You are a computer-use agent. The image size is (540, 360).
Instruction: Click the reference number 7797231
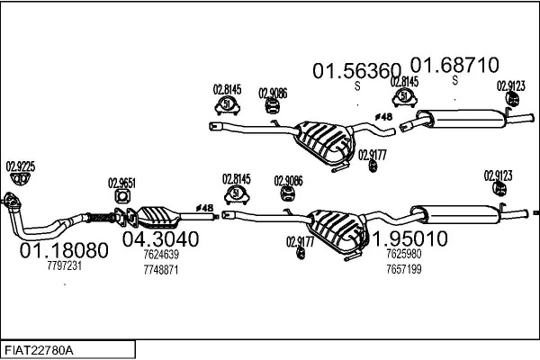[x=64, y=265]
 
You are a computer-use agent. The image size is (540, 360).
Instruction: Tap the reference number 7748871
[x=161, y=269]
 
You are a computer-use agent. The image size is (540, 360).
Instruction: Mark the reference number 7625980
[x=403, y=255]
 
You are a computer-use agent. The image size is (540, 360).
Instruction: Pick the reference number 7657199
[x=403, y=269]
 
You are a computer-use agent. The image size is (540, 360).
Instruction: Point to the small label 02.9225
[x=21, y=166]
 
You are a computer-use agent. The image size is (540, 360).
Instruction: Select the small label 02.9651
[x=122, y=182]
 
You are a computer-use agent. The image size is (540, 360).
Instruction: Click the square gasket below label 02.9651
[x=122, y=197]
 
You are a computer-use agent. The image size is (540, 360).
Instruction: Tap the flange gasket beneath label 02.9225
[x=13, y=200]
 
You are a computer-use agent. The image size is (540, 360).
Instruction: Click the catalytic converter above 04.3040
[x=159, y=217]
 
